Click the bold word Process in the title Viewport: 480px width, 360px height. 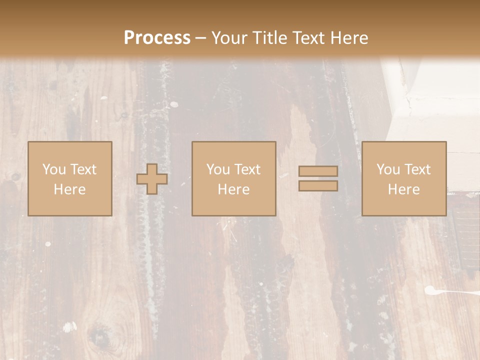157,38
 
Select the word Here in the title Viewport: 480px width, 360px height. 349,38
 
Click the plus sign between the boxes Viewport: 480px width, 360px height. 152,179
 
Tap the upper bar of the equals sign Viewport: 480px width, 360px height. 318,171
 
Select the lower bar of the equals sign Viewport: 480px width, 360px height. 318,186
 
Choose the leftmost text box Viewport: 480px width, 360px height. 69,178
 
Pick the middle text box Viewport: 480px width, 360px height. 233,178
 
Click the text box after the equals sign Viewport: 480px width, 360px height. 403,178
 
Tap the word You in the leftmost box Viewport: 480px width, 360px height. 53,169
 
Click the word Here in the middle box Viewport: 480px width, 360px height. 233,189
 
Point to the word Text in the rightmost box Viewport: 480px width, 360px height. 418,169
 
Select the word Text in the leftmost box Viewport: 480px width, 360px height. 83,169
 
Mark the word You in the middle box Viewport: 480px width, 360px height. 217,169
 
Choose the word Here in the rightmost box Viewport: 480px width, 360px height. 403,189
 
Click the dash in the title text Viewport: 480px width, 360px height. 201,38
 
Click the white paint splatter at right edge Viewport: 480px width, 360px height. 440,290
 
